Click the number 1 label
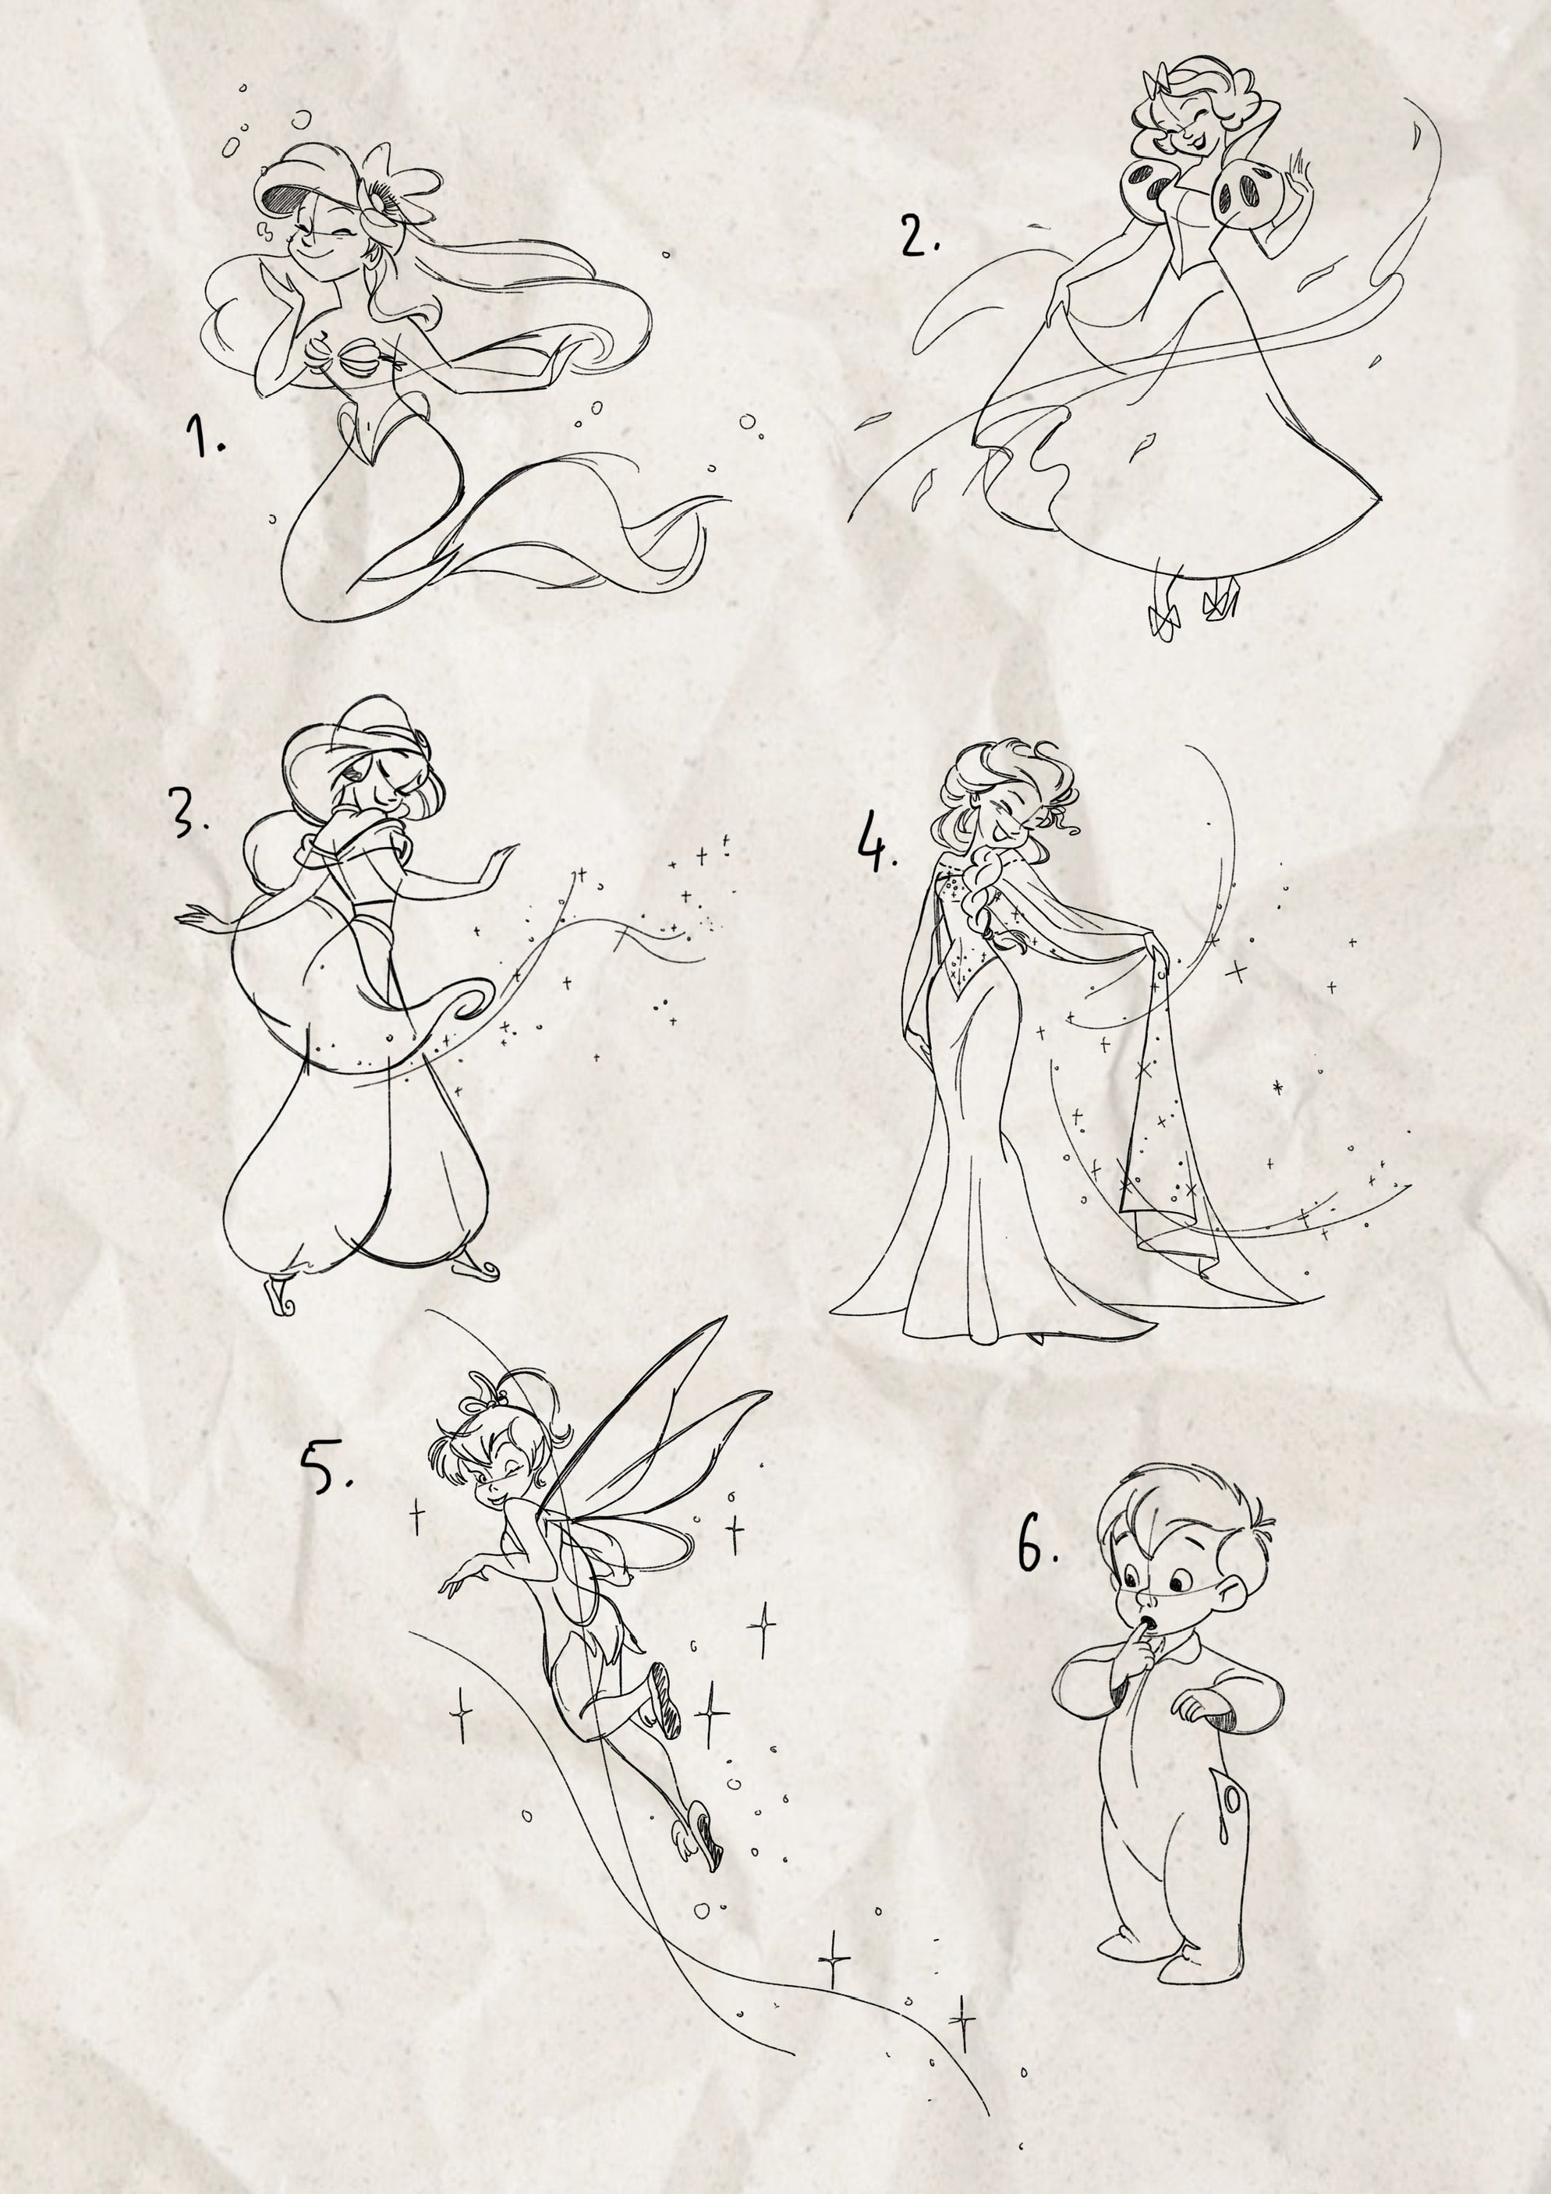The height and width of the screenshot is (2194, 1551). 204,437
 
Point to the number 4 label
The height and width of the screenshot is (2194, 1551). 876,842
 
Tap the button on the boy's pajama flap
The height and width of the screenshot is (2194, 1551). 1232,1800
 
